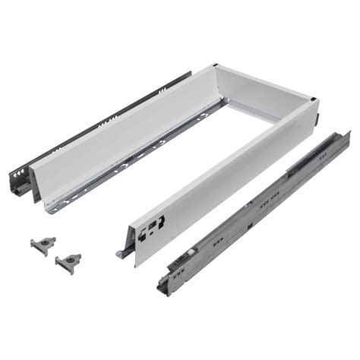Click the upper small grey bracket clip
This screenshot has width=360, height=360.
tap(43, 245)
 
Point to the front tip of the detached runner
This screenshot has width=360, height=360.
tap(163, 287)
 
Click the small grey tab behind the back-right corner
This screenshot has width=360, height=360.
tap(317, 120)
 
